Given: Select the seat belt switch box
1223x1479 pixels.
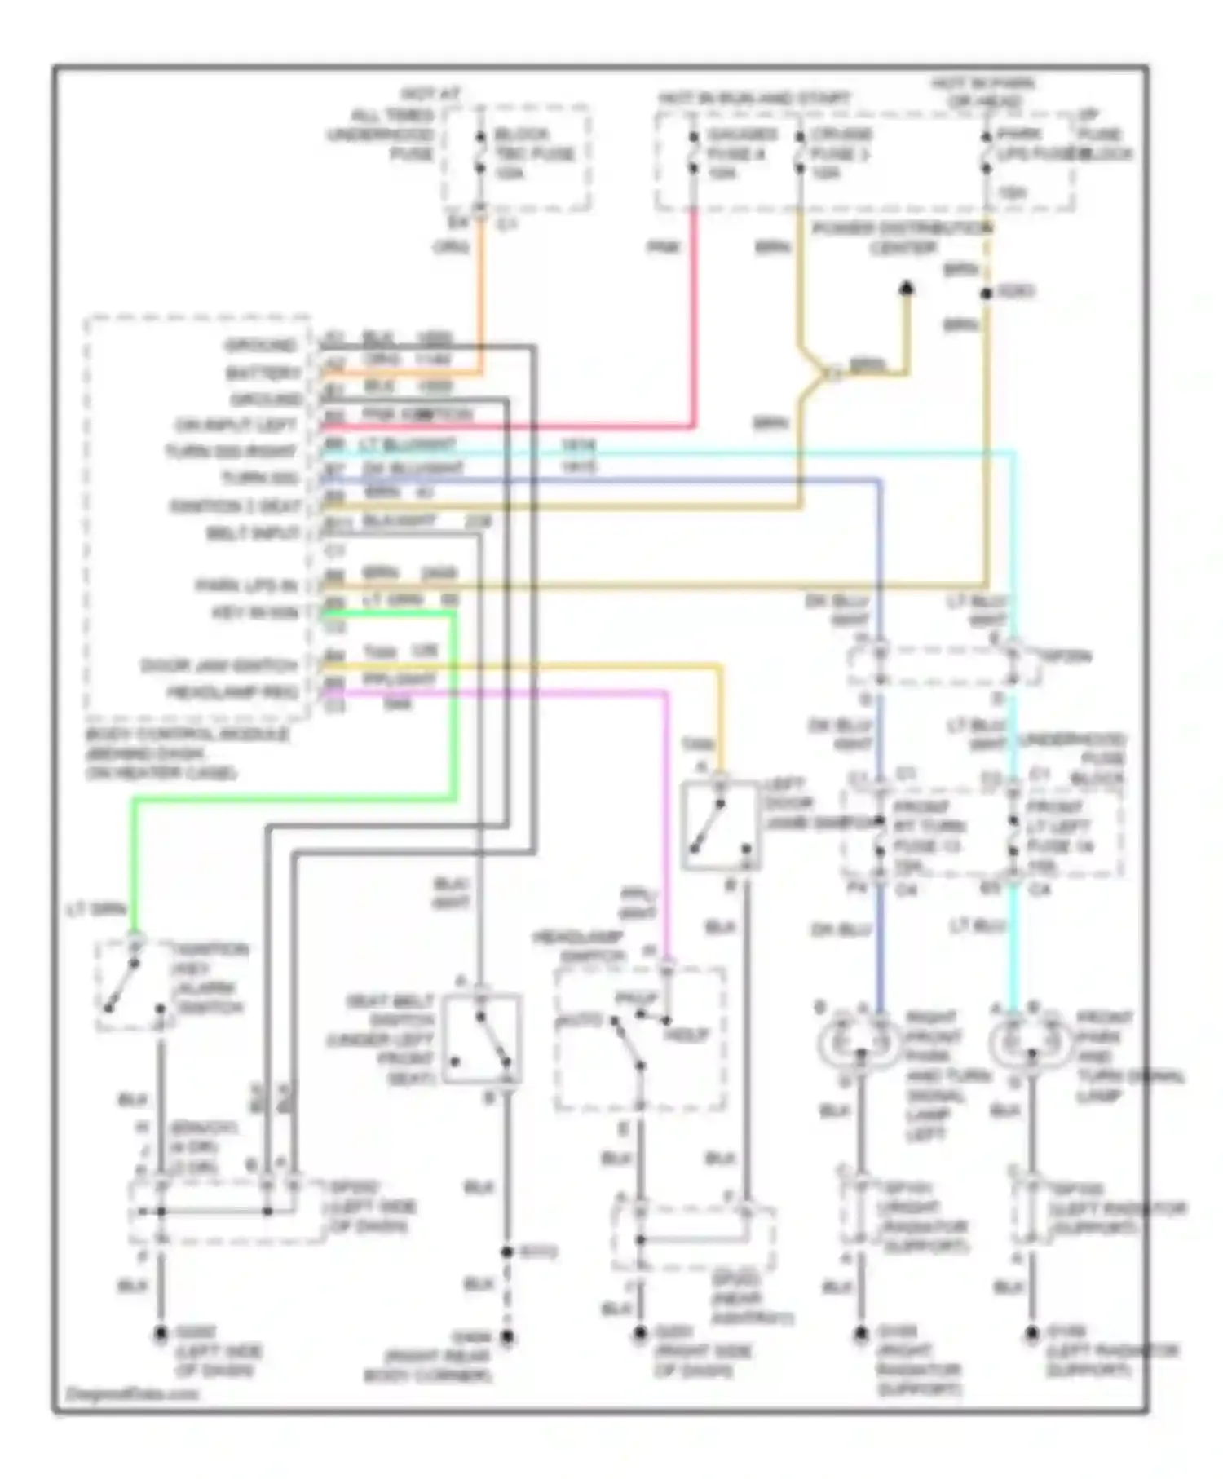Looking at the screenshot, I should pos(482,1038).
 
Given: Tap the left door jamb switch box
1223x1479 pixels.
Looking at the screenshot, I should pos(721,825).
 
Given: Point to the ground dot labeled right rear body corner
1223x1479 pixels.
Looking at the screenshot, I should pos(507,1336).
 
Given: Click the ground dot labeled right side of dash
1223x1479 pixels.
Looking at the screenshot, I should pos(640,1335).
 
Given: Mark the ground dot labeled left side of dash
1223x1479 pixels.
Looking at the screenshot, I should pos(161,1335).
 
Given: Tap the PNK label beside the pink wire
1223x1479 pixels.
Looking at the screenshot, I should pos(664,247).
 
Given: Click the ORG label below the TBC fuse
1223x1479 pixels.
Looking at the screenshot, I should pos(451,245).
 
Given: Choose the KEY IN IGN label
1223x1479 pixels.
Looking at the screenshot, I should pos(256,612).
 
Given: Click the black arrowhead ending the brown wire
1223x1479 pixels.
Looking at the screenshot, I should pos(906,289).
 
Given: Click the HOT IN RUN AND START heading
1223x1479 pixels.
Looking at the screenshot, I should pos(754,99).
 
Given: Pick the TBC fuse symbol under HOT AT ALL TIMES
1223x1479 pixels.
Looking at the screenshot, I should pos(480,152).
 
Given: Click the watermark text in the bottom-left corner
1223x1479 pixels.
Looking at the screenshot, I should pos(132,1393).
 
